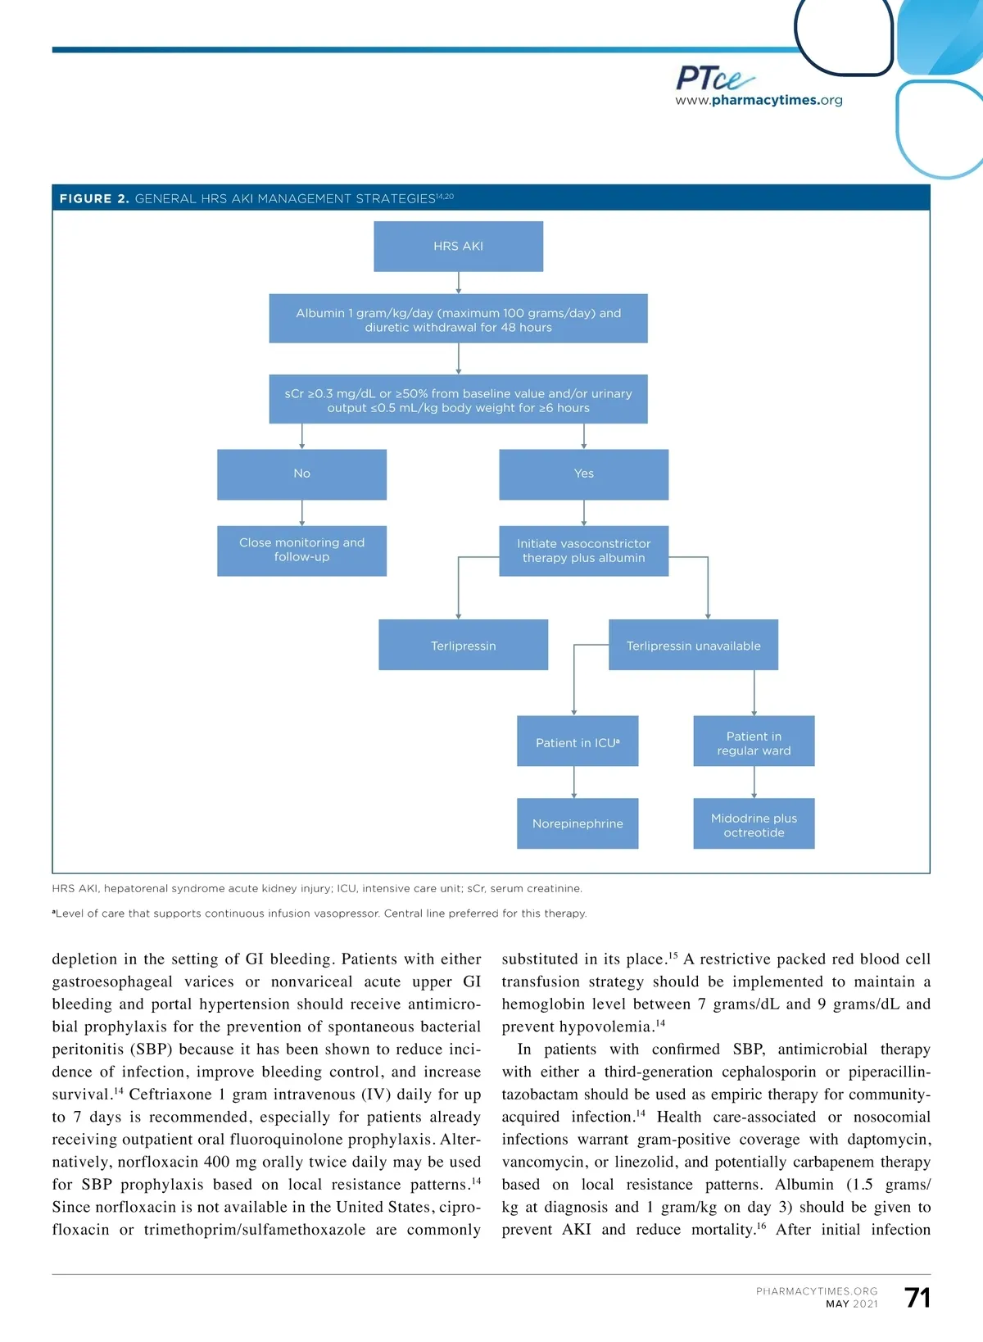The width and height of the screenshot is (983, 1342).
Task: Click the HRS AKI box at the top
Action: click(458, 246)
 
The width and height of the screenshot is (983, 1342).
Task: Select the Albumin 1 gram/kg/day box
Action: click(458, 319)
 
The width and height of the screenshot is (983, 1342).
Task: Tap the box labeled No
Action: click(301, 474)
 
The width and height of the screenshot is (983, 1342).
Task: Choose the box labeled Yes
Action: click(583, 474)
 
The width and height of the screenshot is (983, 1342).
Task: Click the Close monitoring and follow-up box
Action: click(301, 550)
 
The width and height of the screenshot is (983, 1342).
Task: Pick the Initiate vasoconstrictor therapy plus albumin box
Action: click(583, 551)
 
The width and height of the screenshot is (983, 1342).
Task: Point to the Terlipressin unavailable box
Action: click(693, 646)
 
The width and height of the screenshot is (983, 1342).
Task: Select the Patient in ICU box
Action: click(578, 742)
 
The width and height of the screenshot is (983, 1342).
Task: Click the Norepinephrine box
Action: click(578, 823)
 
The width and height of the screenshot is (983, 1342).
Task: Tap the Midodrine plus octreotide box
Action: click(754, 824)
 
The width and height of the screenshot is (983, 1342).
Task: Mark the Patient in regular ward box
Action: click(754, 742)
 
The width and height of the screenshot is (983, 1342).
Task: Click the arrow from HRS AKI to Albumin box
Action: click(459, 283)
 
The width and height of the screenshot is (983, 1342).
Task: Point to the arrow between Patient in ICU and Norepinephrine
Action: click(574, 782)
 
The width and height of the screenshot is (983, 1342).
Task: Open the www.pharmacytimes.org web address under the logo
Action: click(759, 101)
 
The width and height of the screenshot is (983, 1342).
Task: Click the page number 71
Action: click(917, 1298)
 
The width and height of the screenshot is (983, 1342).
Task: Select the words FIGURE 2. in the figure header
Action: click(94, 198)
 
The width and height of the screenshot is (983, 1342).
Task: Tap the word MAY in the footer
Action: click(837, 1304)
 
